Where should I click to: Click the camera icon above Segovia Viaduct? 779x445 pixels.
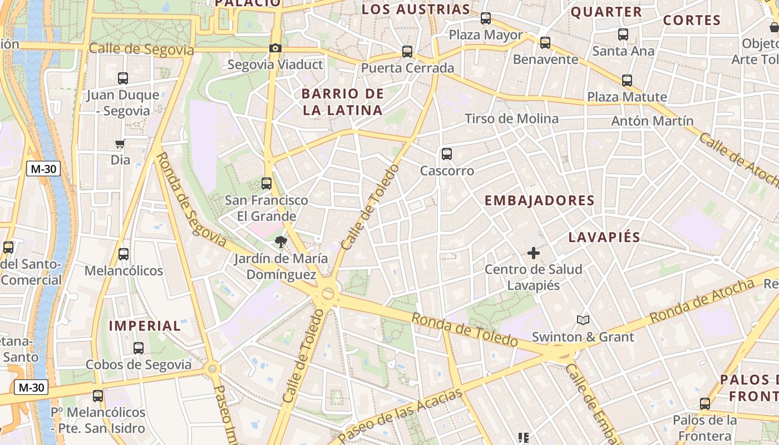275,48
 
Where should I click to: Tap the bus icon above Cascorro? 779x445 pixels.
446,154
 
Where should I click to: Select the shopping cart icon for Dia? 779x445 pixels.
120,144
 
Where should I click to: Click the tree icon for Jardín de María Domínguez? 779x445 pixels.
280,242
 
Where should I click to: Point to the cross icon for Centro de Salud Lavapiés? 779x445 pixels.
533,253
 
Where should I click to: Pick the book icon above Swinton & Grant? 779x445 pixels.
583,320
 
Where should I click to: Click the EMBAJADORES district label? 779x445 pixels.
539,201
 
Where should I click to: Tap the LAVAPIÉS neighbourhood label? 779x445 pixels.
604,238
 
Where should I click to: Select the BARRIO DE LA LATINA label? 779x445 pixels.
343,102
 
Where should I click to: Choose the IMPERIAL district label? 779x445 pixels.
145,326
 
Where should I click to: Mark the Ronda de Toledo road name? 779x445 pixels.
464,329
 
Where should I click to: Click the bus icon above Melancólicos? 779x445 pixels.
124,254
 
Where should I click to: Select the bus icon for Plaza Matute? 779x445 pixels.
627,80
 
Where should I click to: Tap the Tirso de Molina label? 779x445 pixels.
511,118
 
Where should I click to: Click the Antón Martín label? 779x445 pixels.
652,121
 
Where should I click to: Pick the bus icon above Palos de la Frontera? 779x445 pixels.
704,403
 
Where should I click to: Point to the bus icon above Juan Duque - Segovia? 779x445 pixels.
123,78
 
